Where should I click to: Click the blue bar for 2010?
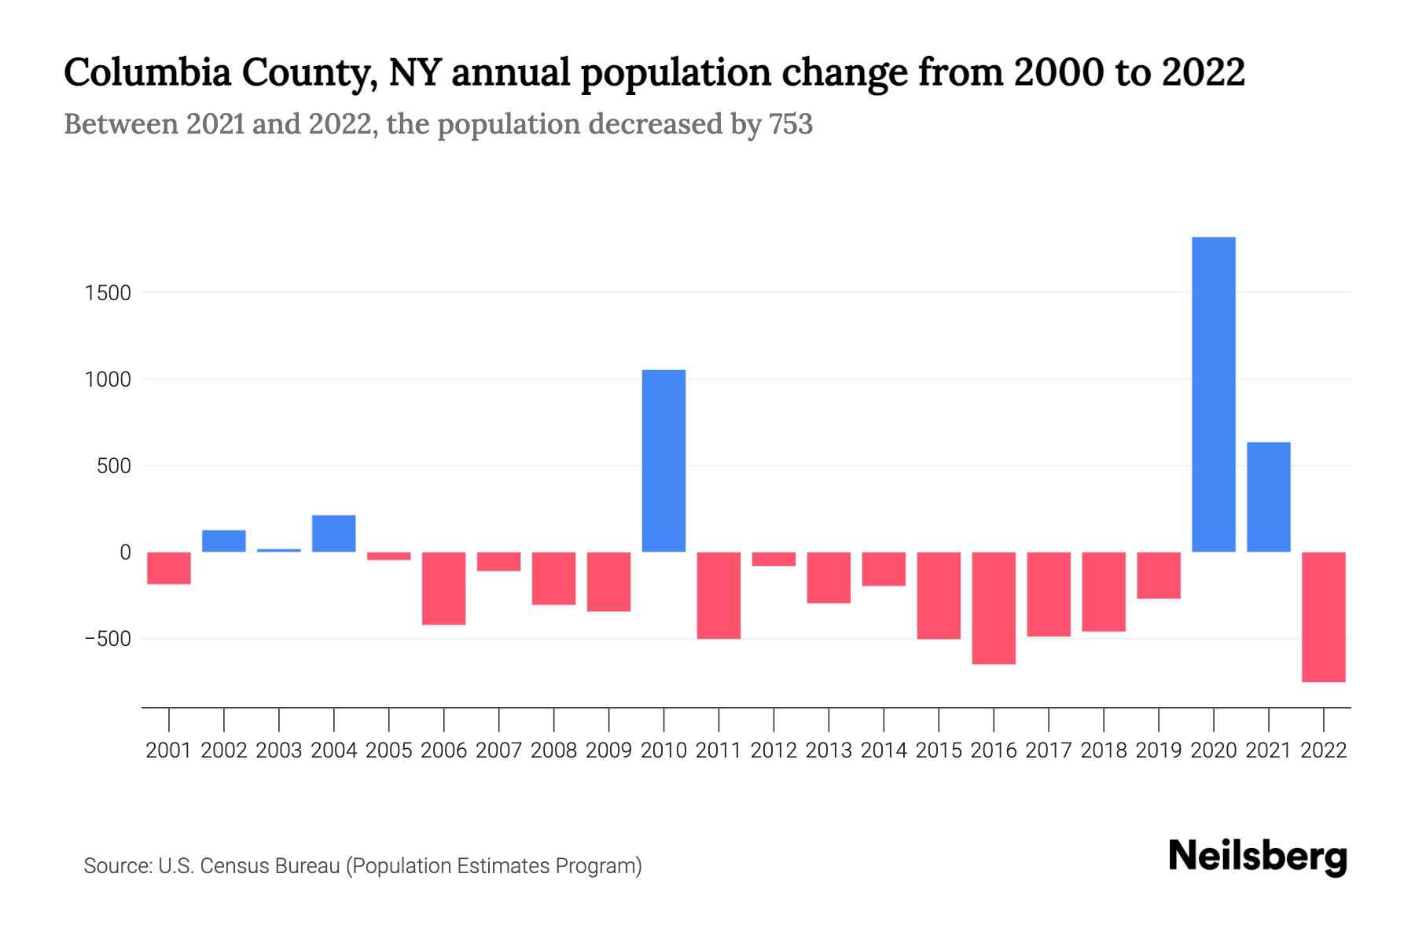[663, 461]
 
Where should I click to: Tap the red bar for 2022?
[1323, 617]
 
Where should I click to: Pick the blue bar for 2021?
[1268, 497]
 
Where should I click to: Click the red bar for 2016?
[994, 608]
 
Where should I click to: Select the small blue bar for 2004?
[334, 534]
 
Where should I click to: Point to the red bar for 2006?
[444, 589]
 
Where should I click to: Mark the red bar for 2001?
[169, 568]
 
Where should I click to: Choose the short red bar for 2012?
[774, 559]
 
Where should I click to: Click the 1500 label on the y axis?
[108, 293]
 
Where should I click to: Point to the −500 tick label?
[108, 639]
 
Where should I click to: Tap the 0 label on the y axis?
[125, 552]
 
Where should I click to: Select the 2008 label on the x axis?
[553, 750]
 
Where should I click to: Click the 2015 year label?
[939, 750]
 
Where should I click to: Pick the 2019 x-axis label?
[1159, 750]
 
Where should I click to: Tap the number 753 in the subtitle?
[791, 124]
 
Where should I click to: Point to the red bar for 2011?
[719, 596]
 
